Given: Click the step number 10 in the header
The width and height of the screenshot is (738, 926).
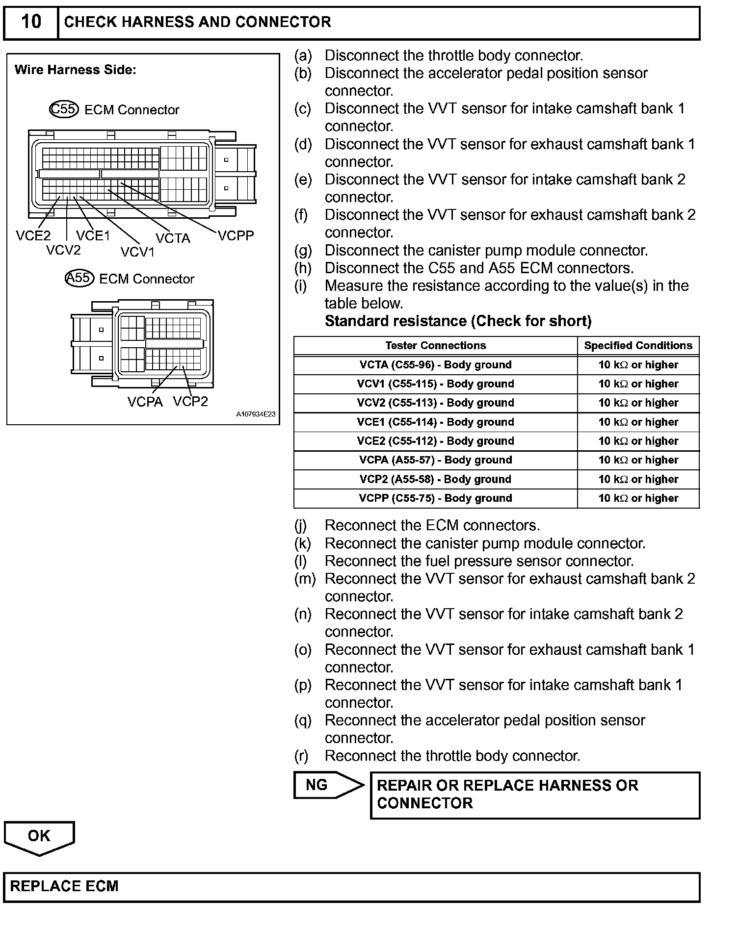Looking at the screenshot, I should pyautogui.click(x=31, y=22).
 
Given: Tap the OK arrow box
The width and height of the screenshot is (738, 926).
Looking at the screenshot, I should pyautogui.click(x=39, y=836).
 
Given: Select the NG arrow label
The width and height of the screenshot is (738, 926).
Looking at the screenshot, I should pyautogui.click(x=316, y=785).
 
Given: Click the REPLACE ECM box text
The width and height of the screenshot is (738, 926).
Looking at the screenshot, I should pyautogui.click(x=64, y=886).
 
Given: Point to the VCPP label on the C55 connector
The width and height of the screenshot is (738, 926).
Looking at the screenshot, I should pyautogui.click(x=236, y=236).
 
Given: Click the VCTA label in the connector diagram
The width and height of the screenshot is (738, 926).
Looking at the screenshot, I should pyautogui.click(x=173, y=238).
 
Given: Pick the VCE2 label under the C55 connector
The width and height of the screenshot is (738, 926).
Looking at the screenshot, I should pyautogui.click(x=33, y=236).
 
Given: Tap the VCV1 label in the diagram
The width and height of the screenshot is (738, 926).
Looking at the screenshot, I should pyautogui.click(x=137, y=252).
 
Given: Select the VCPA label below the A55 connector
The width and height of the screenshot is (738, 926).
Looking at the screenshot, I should pyautogui.click(x=145, y=402).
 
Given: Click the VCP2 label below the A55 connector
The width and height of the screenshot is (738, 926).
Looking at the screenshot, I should pyautogui.click(x=190, y=402).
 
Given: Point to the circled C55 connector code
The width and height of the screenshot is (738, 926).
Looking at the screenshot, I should pyautogui.click(x=64, y=109).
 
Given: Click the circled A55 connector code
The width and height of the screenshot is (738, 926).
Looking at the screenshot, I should pyautogui.click(x=79, y=278).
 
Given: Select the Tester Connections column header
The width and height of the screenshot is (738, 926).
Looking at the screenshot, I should pyautogui.click(x=435, y=346).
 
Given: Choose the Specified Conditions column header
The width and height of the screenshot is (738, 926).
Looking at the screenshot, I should pyautogui.click(x=638, y=346).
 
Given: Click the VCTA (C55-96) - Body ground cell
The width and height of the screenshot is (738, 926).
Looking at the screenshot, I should pyautogui.click(x=435, y=365).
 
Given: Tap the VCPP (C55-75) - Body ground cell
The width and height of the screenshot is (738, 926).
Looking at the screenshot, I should pyautogui.click(x=435, y=498).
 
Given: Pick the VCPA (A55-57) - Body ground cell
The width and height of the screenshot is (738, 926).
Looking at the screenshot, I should pyautogui.click(x=435, y=460).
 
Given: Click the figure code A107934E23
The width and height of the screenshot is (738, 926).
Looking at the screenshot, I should pyautogui.click(x=256, y=414).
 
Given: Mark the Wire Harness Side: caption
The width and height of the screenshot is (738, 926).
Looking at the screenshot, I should pyautogui.click(x=75, y=70).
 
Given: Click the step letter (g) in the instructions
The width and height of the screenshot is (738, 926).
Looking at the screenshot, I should pyautogui.click(x=303, y=251).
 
